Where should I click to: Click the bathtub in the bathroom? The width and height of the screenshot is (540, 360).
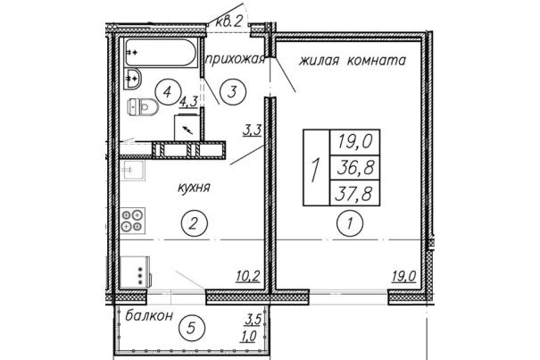coord(162,52)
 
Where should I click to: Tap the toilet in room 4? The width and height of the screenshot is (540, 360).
coord(143,106)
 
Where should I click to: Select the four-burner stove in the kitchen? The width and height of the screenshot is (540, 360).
coord(133,221)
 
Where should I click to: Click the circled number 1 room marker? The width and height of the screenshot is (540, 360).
coord(350,223)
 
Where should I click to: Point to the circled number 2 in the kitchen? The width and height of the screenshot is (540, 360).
coord(195,223)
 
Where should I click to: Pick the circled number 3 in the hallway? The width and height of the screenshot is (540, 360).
coord(233,92)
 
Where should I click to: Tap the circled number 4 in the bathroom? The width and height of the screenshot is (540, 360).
coord(168,92)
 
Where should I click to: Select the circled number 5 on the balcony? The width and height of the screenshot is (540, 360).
coord(192,328)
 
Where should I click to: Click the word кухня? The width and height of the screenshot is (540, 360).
coord(194,188)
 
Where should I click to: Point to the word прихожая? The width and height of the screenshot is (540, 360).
coord(236,59)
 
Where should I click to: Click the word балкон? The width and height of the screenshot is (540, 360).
coord(149,315)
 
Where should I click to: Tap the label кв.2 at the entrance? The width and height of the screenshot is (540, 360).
coord(229,21)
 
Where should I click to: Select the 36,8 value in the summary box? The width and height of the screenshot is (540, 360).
coord(355,168)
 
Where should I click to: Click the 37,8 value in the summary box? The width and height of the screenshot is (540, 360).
coord(355,193)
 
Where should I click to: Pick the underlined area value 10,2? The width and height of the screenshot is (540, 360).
coord(248,276)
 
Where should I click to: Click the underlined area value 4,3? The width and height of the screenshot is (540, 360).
coord(188,102)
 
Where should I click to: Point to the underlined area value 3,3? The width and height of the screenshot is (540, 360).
coord(253,130)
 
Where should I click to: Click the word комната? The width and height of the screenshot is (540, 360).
coord(377,61)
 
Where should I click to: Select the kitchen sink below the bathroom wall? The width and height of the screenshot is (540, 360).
coord(133,170)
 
